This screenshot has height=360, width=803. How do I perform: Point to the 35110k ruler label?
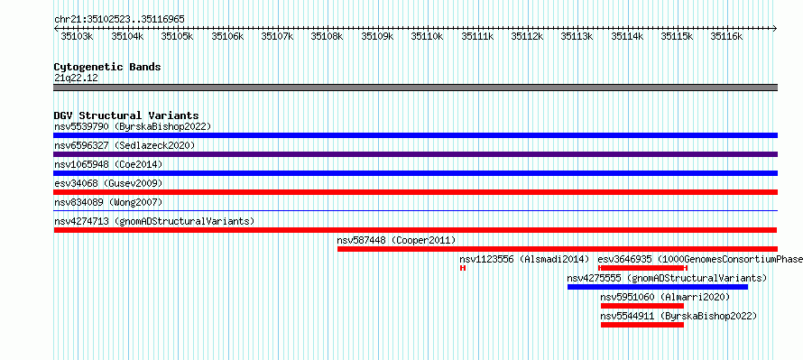[x=427, y=36]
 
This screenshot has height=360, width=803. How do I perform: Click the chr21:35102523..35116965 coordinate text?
[x=119, y=20]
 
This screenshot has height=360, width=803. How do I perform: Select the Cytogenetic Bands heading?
[x=107, y=67]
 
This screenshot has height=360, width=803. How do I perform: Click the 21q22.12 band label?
[x=76, y=78]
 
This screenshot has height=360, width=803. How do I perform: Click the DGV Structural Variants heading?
[x=126, y=115]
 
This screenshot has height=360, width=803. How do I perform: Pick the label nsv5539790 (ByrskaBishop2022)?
[x=133, y=126]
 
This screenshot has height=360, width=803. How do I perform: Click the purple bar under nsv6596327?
[x=415, y=154]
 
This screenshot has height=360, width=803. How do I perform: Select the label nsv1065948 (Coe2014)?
[x=108, y=164]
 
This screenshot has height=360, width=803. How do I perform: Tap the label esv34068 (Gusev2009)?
[x=108, y=183]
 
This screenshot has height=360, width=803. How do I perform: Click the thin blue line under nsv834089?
[x=415, y=210]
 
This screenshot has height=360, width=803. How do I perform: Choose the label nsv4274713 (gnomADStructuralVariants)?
[x=154, y=221]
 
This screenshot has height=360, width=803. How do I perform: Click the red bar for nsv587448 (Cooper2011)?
[x=558, y=249]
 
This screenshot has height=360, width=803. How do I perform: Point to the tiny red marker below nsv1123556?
[x=463, y=268]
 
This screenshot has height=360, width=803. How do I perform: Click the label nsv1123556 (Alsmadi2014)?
[x=525, y=259]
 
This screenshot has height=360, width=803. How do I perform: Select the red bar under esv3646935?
[x=642, y=268]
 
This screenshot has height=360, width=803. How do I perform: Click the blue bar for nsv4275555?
[x=658, y=287]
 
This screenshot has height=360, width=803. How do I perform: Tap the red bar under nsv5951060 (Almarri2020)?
[x=642, y=306]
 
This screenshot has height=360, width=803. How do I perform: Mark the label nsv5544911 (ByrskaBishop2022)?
[x=678, y=316]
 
